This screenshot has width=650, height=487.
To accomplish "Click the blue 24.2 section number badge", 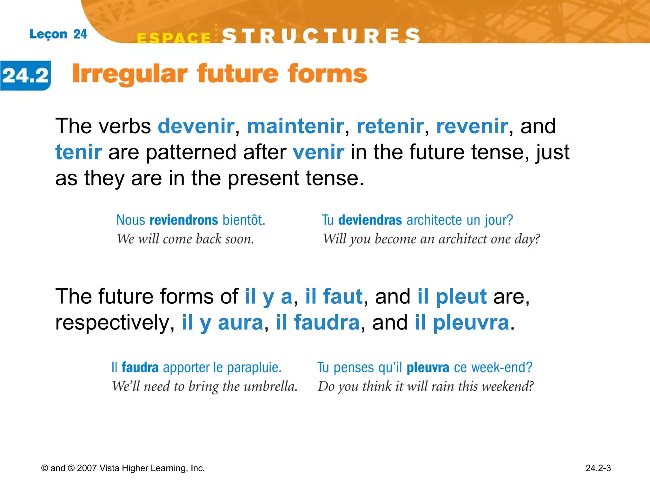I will coord(25,75).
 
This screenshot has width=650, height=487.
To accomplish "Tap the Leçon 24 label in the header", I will coord(58,34).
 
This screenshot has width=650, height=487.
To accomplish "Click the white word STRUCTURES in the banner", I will coord(321,36).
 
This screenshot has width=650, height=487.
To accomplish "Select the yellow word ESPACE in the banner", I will coord(174,38).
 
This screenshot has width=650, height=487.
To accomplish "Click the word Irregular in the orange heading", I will coord(129,74).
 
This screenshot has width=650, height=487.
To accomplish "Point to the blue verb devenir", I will coord(196,126).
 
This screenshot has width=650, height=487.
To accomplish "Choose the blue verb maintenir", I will coord(295,126).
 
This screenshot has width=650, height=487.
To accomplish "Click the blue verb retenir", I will coord(390,126).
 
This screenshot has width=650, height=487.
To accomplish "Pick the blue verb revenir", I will coord(472,126).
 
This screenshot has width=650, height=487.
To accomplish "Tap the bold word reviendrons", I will coord(183,220).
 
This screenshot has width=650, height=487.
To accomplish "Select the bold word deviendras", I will coord(370,220).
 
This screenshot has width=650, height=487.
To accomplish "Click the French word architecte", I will coord(430,220).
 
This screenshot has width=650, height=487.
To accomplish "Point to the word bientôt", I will coord(243,220).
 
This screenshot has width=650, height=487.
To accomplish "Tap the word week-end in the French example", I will coord(501,368).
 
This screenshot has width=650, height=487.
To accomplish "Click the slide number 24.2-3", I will coord(598,468).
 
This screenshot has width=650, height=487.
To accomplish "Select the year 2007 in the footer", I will coord(87,468).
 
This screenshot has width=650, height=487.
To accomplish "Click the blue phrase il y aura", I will coord(222,323).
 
